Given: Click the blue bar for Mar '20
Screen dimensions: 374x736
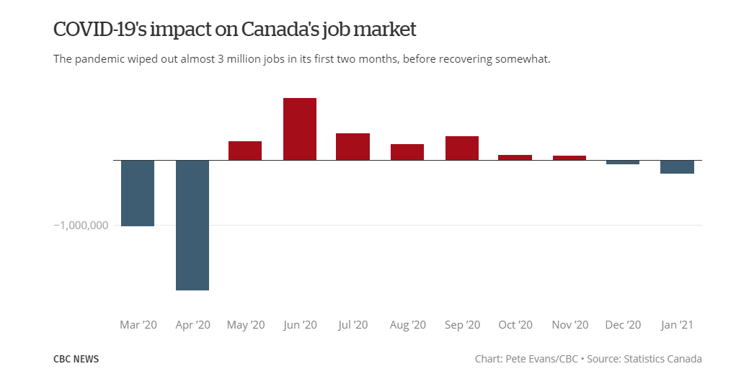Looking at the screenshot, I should point(138,193).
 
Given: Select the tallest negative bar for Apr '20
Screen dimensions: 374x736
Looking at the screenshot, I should point(192,225).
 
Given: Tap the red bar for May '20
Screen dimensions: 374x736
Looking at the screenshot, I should point(245,151).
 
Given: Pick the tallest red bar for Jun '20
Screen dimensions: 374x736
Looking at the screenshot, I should point(300,129).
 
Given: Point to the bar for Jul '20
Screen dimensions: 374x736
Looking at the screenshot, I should point(353,147).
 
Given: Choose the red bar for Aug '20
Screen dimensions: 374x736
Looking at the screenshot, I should point(407,152).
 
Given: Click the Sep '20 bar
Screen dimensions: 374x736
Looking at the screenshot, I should point(462,148).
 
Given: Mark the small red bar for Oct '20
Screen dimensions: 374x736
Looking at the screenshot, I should point(515,157).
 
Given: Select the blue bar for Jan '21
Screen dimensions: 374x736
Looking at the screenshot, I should point(678,166).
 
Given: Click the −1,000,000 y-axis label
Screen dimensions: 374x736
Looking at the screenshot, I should point(81,225).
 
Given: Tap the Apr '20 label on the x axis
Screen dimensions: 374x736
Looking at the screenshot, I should point(192,325).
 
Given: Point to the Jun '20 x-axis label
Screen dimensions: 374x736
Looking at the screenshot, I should point(300,325).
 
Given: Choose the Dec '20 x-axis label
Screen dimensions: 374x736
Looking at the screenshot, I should point(624,325).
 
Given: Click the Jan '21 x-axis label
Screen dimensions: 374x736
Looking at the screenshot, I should point(678,325).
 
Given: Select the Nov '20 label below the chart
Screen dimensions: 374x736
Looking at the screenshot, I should point(569,325).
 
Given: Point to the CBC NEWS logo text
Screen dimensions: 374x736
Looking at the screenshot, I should point(76,359).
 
